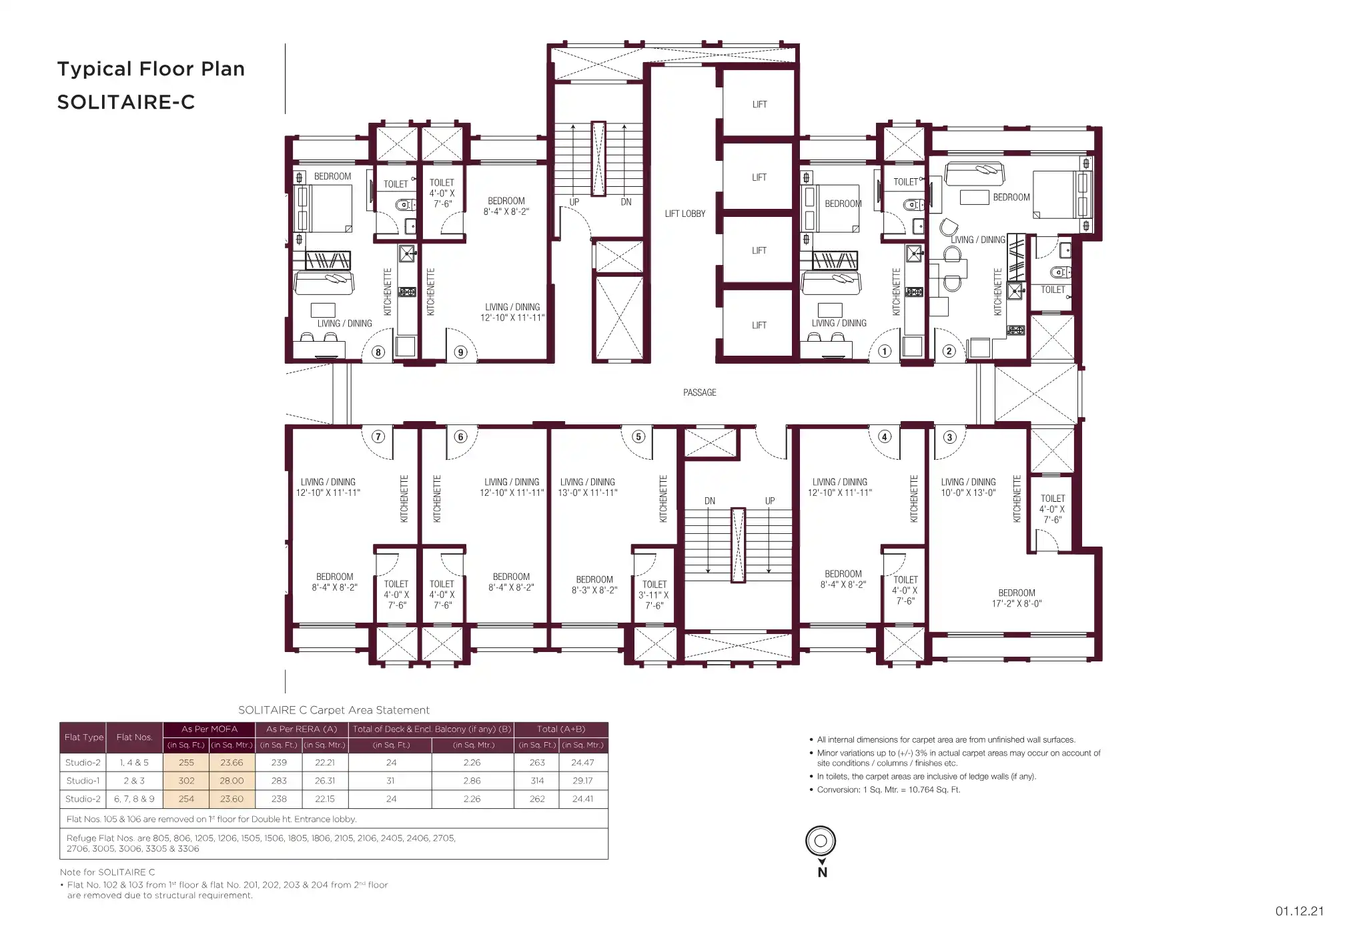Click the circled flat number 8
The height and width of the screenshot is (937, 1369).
click(378, 352)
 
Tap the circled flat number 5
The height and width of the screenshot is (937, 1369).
click(638, 436)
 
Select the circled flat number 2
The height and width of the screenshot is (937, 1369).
click(949, 351)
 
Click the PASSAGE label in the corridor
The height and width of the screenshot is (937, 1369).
click(699, 392)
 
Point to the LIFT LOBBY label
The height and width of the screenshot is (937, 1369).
click(684, 214)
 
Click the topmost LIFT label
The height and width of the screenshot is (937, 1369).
click(759, 105)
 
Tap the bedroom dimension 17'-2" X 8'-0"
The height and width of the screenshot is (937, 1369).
click(1016, 603)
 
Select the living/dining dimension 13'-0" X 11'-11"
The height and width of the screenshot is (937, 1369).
click(588, 493)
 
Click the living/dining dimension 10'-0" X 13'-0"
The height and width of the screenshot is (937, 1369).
click(968, 493)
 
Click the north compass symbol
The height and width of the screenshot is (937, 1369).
click(821, 841)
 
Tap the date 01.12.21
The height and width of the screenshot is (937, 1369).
click(1300, 911)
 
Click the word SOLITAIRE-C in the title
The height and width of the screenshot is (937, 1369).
click(126, 102)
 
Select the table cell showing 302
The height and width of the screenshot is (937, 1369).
click(186, 780)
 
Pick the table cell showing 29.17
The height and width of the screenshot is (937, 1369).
click(582, 780)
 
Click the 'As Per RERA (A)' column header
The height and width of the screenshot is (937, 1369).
click(302, 729)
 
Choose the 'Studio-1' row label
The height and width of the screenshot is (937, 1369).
click(83, 780)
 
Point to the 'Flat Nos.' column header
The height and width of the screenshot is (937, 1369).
click(134, 737)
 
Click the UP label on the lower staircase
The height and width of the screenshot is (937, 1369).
click(770, 501)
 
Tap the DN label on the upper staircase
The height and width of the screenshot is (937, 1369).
click(626, 202)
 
